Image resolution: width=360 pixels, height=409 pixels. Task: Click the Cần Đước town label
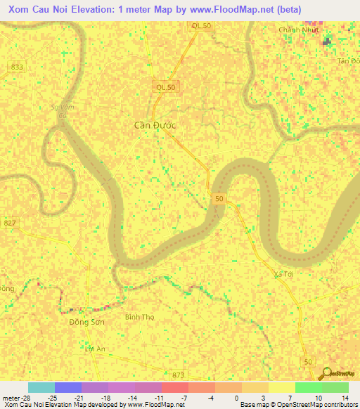pos(155,125)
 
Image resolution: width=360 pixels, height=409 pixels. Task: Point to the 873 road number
pos(177,376)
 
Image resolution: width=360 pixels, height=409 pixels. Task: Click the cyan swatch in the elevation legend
pos(41,387)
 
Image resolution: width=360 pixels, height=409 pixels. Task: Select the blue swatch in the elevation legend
pos(67,387)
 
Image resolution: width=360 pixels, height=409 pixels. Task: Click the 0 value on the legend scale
pos(236,397)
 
